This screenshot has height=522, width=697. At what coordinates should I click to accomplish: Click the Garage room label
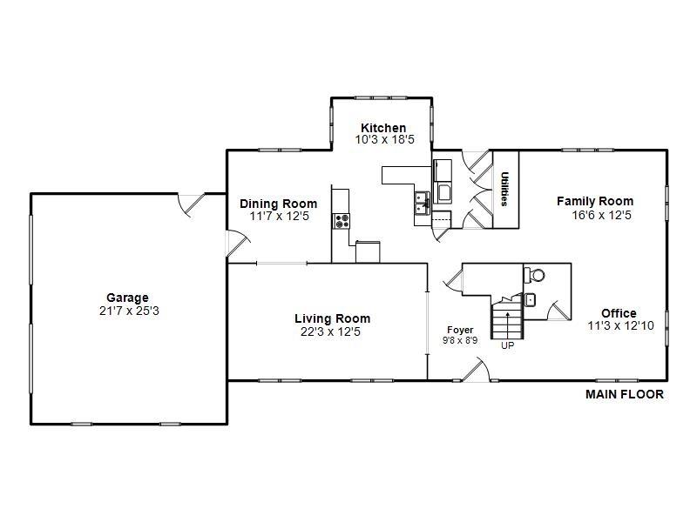coord(127,298)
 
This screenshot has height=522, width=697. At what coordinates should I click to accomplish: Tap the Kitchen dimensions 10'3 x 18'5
coord(383,139)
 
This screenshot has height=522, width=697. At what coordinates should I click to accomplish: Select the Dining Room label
coord(278,204)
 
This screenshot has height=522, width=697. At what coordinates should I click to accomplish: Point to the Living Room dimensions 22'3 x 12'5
coord(332,331)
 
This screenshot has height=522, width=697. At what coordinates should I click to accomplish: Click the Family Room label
coord(595,201)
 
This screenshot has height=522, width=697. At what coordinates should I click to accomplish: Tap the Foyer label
coord(460,330)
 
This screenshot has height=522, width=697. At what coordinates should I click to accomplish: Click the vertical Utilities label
coord(504,189)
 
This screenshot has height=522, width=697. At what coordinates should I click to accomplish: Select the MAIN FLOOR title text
coord(624,394)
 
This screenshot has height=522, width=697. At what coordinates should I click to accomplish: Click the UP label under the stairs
coord(507,345)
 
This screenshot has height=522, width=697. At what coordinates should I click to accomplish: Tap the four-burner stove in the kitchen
coord(341,221)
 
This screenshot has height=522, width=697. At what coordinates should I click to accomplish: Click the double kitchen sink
coord(422,203)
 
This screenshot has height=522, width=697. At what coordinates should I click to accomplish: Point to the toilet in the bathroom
coord(535,275)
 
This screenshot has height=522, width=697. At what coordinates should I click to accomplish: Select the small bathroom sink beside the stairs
coord(531,300)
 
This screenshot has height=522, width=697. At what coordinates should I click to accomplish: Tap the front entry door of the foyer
coord(475,371)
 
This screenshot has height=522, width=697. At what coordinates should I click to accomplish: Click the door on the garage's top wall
coord(191,203)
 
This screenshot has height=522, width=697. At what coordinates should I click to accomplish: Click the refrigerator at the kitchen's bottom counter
coord(368,251)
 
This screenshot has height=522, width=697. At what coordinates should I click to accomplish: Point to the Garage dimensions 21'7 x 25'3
coord(128,310)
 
